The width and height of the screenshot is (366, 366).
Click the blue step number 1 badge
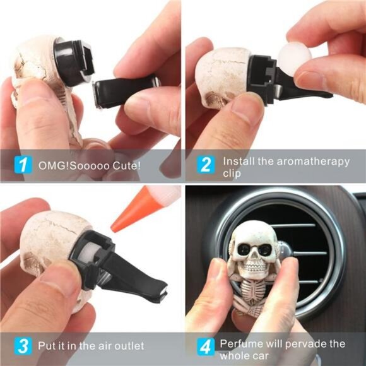[23, 166]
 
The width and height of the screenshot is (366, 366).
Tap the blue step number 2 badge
[204, 166]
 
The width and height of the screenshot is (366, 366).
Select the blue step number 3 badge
[23, 346]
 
